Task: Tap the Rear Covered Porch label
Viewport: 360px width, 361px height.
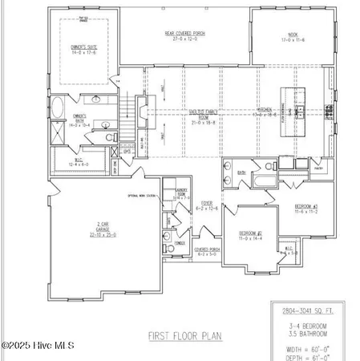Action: click(x=186, y=35)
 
